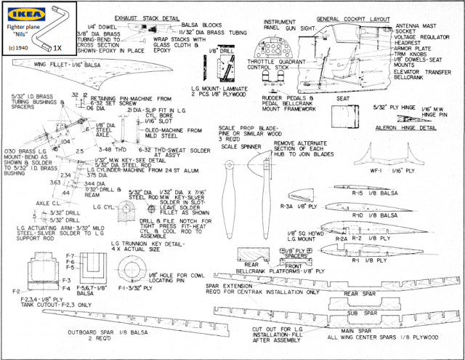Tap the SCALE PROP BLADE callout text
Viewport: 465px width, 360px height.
[248, 131]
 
